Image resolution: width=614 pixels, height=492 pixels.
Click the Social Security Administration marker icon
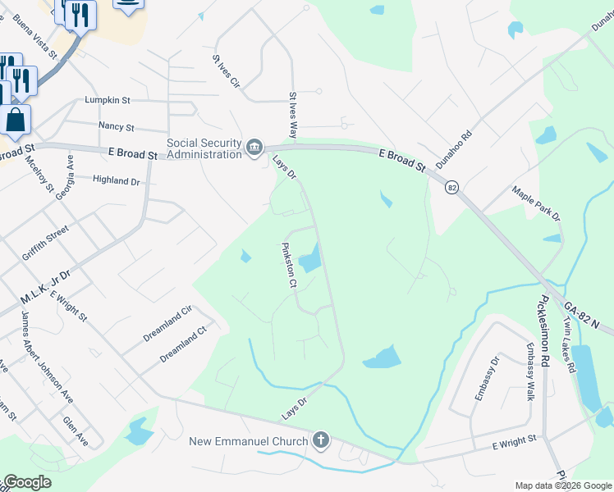click(254, 148)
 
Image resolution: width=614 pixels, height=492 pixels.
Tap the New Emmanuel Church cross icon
click(320, 441)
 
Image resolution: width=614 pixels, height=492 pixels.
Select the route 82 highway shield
click(452, 188)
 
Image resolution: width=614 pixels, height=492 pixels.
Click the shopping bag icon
click(16, 120)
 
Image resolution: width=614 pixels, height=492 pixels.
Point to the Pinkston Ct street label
click(288, 265)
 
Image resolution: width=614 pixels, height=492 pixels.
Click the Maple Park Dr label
click(536, 203)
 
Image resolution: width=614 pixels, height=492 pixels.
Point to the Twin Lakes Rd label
click(567, 344)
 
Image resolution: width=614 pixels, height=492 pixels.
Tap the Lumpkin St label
click(108, 100)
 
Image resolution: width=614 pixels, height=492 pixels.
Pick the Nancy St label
click(116, 127)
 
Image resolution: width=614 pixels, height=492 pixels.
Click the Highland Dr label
click(116, 180)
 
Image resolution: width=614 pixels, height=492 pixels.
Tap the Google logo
click(28, 483)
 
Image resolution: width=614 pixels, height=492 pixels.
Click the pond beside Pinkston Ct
click(309, 262)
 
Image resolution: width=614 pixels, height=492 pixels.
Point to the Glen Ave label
click(76, 430)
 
